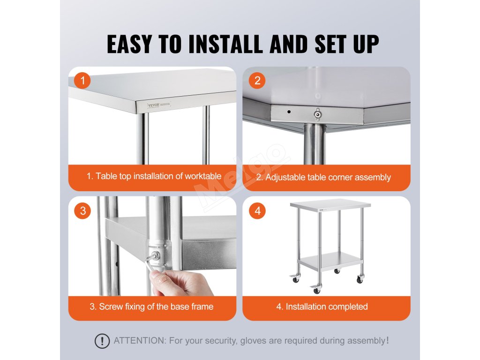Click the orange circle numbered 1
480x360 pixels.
tap(82, 81)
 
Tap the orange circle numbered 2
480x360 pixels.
tap(257, 81)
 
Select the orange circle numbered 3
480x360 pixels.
tap(82, 210)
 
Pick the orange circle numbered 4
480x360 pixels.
tap(257, 210)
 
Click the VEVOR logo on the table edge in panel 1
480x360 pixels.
tap(153, 105)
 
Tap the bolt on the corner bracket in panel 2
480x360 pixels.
tap(318, 114)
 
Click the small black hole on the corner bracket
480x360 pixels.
tap(289, 112)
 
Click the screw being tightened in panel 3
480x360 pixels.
tap(156, 255)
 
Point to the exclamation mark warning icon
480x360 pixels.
tap(102, 341)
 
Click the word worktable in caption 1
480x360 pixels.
tap(203, 176)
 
